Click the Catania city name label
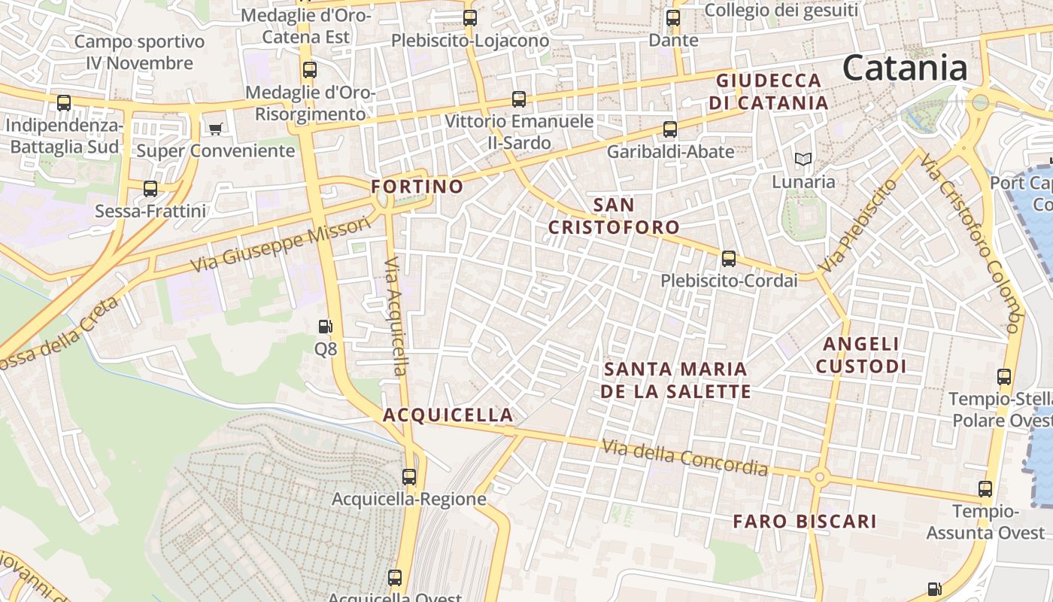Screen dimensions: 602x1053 pos(905,68)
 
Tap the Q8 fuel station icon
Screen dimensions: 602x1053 pos(326,327)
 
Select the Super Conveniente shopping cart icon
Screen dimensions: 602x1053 pos(215,129)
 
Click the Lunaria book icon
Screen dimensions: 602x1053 pos(803,160)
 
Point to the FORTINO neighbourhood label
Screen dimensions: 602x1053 pos(417,187)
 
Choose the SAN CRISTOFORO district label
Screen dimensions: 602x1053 pos(614,216)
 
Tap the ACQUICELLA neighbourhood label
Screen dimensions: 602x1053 pos(448,415)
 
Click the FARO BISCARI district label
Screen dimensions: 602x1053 pos(805,521)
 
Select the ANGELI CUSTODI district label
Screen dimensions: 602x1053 pos(861,355)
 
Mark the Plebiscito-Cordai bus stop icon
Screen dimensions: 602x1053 pos(728,259)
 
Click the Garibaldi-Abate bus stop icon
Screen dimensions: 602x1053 pos(670,129)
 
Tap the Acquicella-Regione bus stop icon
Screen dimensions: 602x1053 pos(409,477)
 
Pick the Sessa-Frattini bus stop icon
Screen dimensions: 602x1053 pos(150,189)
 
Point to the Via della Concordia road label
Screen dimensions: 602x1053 pos(685,458)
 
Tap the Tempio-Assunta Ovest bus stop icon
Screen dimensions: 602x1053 pos(985,489)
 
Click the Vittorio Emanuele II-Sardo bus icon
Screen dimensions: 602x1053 pos(518,99)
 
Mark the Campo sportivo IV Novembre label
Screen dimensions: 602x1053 pos(140,52)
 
